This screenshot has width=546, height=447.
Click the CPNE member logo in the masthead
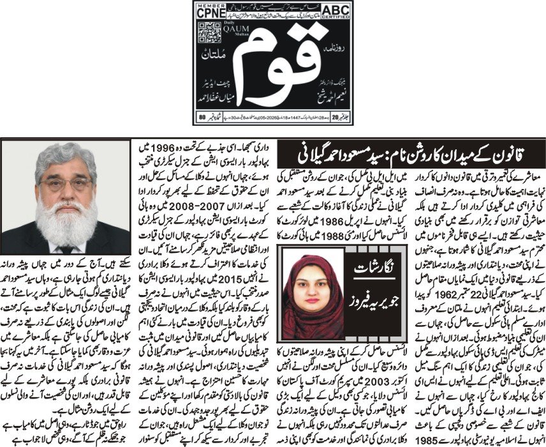212,10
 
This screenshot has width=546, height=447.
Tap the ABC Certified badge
334,10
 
